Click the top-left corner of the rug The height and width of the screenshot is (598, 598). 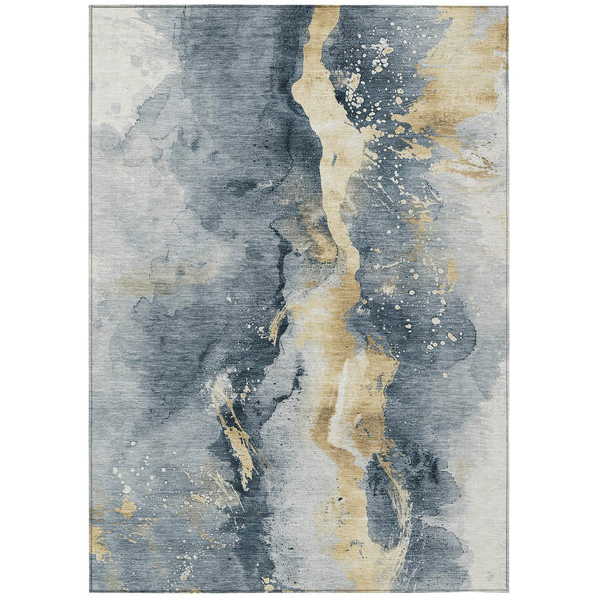pyautogui.click(x=91, y=7)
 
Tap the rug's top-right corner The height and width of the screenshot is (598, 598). pyautogui.click(x=507, y=7)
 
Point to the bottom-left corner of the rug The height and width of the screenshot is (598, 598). pyautogui.click(x=91, y=591)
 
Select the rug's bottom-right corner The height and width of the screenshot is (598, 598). pyautogui.click(x=507, y=591)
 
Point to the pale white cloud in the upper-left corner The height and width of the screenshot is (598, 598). pyautogui.click(x=120, y=60)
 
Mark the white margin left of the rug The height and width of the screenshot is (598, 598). pyautogui.click(x=45, y=299)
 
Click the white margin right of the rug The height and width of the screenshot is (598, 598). pyautogui.click(x=553, y=299)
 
